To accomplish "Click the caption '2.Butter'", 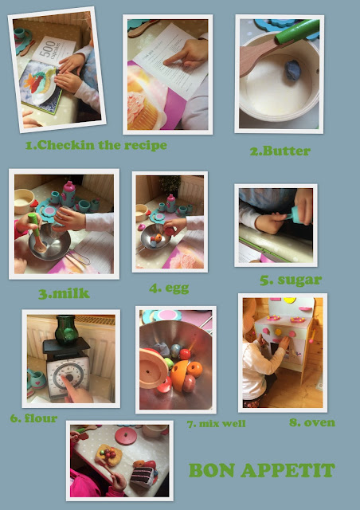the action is [x=280, y=151].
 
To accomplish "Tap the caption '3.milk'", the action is [x=64, y=293].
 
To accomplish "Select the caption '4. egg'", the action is [x=169, y=288].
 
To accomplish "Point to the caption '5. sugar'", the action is [x=291, y=280].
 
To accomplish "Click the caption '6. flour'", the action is [x=33, y=418].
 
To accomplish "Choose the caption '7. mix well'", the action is [x=217, y=424].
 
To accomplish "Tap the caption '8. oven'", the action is [x=312, y=422].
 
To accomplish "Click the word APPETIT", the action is [x=288, y=470].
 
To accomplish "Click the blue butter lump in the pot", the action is [x=292, y=70].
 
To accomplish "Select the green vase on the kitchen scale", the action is [x=67, y=329].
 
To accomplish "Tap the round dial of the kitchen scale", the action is [x=68, y=377].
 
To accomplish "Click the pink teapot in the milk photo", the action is [x=68, y=194].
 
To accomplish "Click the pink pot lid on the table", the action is [x=126, y=435].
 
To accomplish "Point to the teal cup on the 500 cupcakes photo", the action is [x=20, y=33].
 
